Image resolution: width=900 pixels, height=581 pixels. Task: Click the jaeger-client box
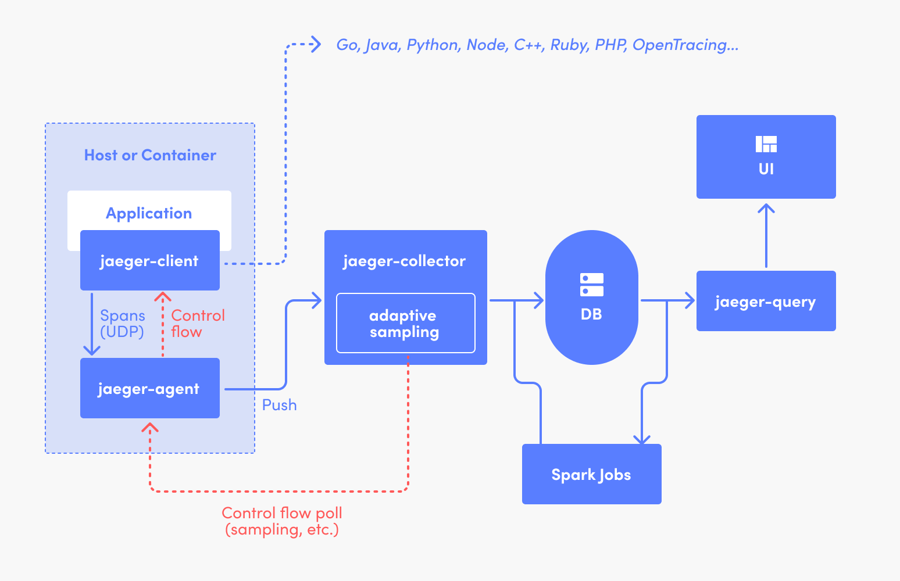pos(149,261)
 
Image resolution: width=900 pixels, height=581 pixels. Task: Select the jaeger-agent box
pos(149,389)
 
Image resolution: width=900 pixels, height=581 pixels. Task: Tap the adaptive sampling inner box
pos(405,324)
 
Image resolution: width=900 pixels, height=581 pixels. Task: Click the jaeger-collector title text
pos(405,261)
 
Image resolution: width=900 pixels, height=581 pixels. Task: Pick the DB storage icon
pos(592,285)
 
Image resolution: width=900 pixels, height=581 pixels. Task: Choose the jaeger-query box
pos(766,302)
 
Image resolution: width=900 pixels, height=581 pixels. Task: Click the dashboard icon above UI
pos(766,144)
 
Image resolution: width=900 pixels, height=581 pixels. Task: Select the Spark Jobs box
pos(591,475)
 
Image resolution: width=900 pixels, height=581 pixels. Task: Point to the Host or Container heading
pos(150,155)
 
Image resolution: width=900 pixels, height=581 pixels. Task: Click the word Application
pos(149,213)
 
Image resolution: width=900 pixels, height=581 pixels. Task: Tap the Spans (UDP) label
pos(122,324)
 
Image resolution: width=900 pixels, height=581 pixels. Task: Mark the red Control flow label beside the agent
pos(197,324)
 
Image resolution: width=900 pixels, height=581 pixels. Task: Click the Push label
pos(279,405)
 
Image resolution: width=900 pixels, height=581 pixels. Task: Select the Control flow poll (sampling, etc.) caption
pos(282,521)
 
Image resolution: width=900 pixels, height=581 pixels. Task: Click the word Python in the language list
pos(432,45)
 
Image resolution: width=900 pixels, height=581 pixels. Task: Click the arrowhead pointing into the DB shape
pos(539,300)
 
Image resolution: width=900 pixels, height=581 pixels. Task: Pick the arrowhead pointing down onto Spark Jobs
pos(642,440)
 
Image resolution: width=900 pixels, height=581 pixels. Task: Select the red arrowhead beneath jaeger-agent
pos(150,428)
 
